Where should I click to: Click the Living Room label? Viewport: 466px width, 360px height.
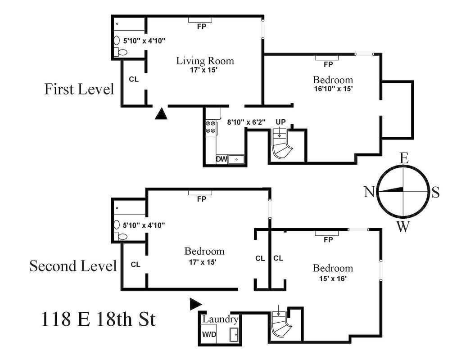click(205, 60)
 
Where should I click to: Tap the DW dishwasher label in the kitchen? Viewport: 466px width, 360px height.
click(221, 159)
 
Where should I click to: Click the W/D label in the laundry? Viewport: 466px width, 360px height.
click(208, 335)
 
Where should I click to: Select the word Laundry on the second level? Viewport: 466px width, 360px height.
click(220, 319)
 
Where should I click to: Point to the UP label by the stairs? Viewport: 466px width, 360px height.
click(281, 122)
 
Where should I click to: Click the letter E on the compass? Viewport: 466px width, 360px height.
click(404, 158)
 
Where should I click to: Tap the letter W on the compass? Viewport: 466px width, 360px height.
click(403, 226)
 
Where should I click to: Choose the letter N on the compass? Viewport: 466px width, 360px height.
click(369, 192)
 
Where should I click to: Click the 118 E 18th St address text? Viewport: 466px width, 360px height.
click(98, 319)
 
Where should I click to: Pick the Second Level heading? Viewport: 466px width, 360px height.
click(73, 265)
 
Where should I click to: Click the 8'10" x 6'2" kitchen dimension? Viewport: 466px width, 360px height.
click(246, 121)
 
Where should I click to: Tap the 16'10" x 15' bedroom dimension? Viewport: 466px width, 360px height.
click(333, 89)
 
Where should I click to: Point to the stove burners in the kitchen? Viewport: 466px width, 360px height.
click(210, 127)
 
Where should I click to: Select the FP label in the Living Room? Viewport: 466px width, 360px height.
click(201, 26)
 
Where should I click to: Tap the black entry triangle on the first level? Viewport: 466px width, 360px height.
click(161, 113)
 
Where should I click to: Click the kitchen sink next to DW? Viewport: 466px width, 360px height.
click(236, 159)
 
